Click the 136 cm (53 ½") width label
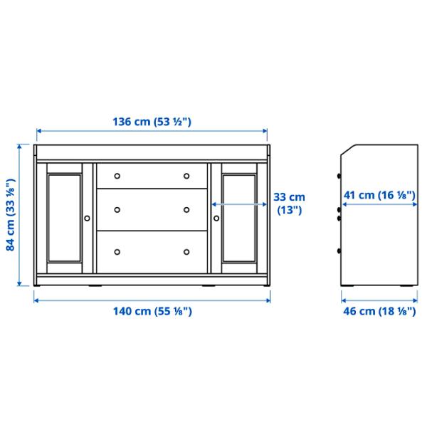tap(152, 122)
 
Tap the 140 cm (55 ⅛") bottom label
tap(152, 311)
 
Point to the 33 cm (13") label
tap(289, 203)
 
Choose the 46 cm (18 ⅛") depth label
tap(379, 311)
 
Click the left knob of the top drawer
tap(118, 176)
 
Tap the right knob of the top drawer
tap(186, 176)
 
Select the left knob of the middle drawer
tap(118, 209)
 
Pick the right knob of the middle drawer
tap(186, 209)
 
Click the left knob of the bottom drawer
tap(118, 251)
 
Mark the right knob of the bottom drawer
tap(186, 251)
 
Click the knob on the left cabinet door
tap(88, 218)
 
